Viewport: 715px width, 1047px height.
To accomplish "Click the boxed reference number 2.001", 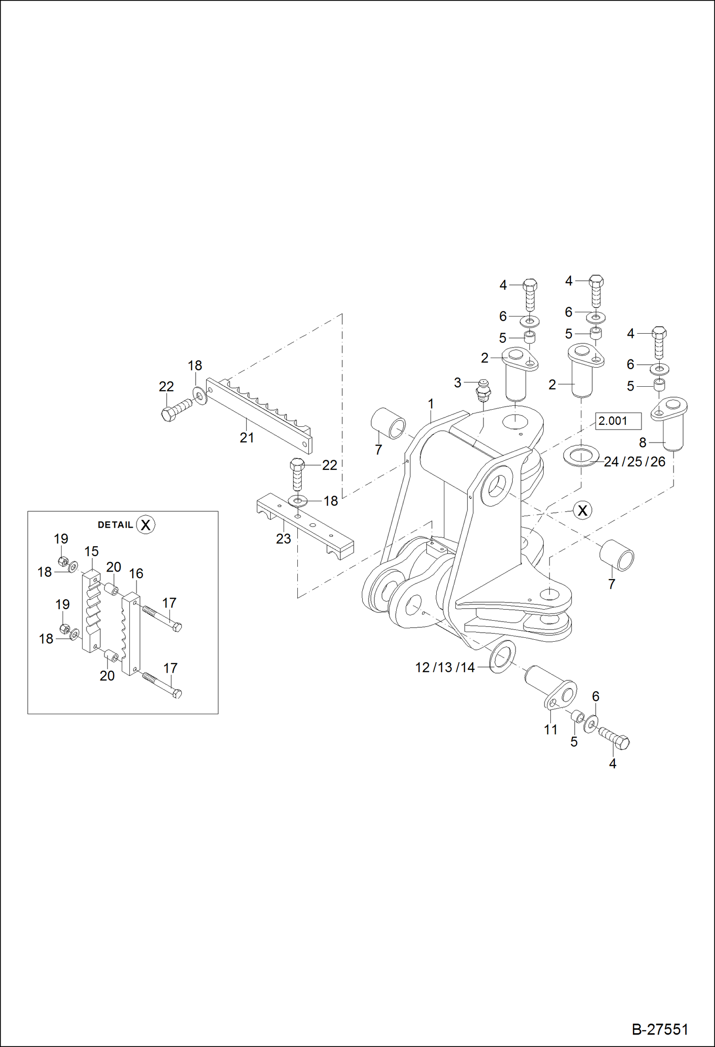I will pyautogui.click(x=618, y=421).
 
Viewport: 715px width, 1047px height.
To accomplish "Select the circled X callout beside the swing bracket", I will pyautogui.click(x=582, y=510).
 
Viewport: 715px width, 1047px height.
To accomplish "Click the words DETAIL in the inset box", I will pyautogui.click(x=115, y=525).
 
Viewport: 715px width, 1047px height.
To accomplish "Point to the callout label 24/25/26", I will pyautogui.click(x=634, y=462).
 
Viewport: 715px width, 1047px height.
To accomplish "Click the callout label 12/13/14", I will pyautogui.click(x=445, y=667).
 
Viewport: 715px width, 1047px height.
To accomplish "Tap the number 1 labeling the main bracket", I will pyautogui.click(x=431, y=404).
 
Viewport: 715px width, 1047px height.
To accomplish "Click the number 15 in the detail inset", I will pyautogui.click(x=91, y=551).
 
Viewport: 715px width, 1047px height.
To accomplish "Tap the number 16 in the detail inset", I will pyautogui.click(x=136, y=573).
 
